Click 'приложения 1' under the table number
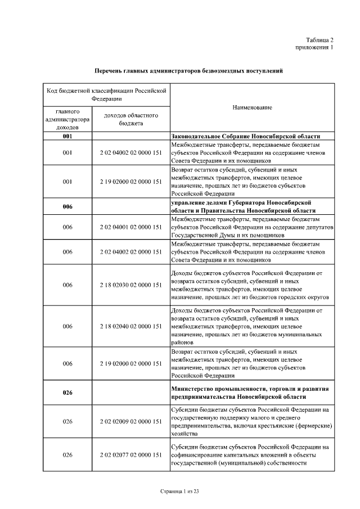tap(314, 47)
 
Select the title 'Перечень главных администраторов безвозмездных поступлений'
tap(188, 71)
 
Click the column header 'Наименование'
tap(252, 107)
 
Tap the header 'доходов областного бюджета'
tap(130, 119)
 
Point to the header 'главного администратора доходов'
tap(67, 119)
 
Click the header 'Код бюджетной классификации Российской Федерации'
tap(107, 93)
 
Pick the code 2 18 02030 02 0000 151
tap(130, 285)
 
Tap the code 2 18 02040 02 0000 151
tap(130, 326)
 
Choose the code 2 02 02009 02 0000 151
tap(130, 421)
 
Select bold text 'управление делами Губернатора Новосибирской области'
tap(242, 206)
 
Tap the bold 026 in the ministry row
tap(67, 393)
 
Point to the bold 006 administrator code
tap(67, 206)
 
